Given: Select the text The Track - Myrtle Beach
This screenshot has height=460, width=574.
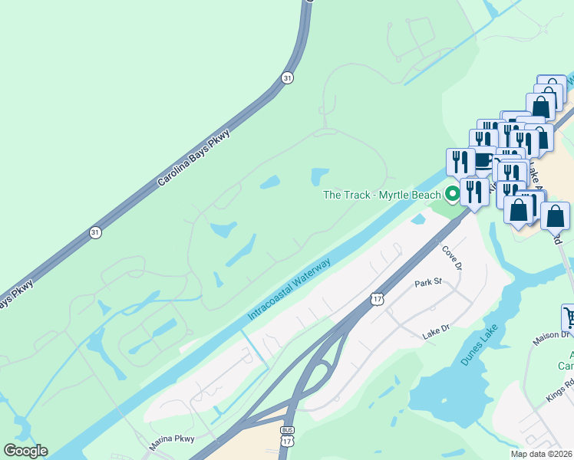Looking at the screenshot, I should click(x=381, y=195).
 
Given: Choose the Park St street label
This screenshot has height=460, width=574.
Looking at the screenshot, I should click(x=429, y=283).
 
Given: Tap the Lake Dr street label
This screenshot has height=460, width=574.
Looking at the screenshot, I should click(x=434, y=334).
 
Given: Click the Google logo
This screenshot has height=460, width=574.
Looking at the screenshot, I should click(x=25, y=451).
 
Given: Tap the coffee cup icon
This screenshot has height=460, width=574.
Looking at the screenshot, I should click(x=483, y=161).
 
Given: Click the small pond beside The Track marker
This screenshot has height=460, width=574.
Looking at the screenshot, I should click(x=419, y=219).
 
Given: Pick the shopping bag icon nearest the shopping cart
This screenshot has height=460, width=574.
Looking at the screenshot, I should click(x=555, y=215).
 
